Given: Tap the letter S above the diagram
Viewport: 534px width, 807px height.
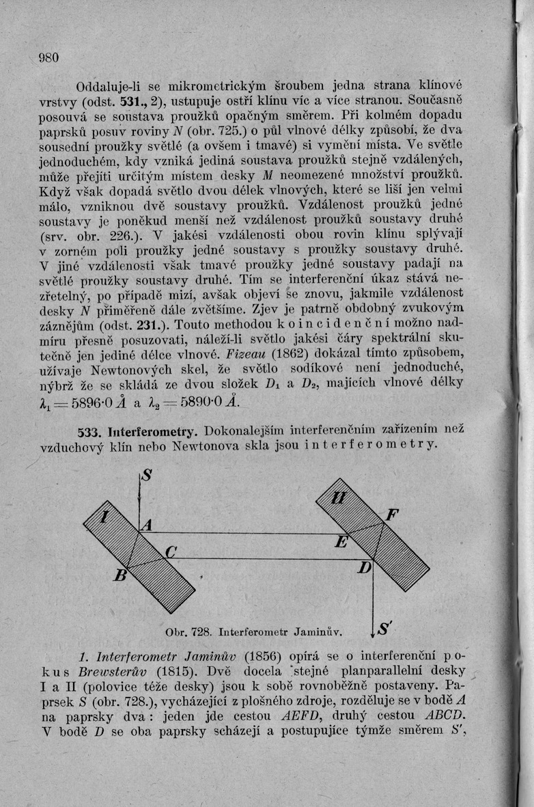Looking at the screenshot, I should point(147,478).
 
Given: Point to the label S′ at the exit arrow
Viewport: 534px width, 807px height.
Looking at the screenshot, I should point(384,627).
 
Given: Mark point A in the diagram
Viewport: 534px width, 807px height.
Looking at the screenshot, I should point(145,524).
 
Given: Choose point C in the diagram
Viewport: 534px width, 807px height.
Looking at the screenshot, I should point(171,551).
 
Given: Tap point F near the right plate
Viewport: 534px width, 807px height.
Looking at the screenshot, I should point(393,515).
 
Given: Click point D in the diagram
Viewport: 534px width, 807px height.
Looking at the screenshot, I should point(366,568).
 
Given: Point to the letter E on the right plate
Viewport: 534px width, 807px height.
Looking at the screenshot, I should point(341,543).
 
